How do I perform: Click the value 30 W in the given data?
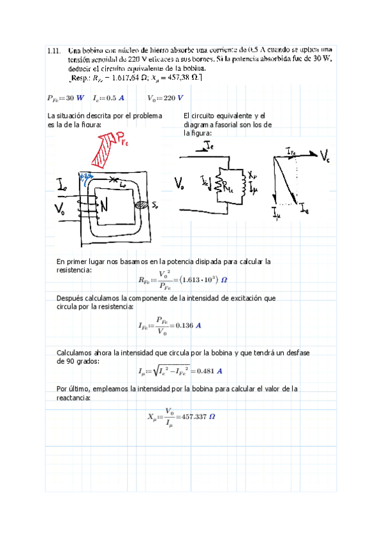click(71, 98)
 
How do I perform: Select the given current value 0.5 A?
click(115, 98)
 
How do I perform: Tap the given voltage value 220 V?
click(172, 98)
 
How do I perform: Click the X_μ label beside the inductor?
click(253, 174)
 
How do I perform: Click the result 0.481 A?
click(205, 371)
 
